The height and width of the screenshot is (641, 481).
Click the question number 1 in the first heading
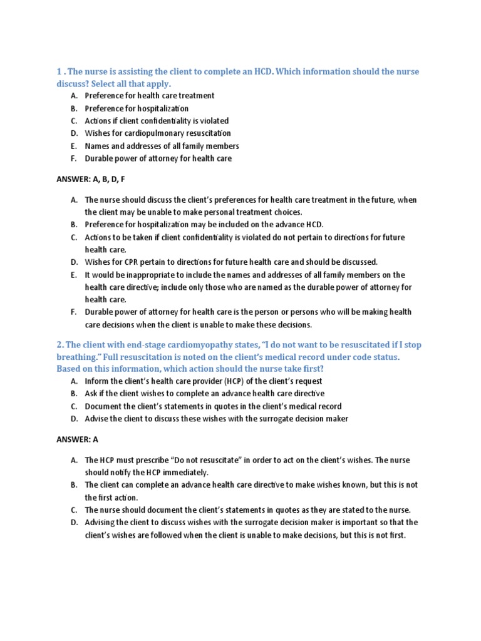59,72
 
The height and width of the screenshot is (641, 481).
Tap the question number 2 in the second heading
59,344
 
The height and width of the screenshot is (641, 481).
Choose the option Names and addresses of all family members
162,146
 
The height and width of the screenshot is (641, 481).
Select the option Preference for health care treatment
150,96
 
